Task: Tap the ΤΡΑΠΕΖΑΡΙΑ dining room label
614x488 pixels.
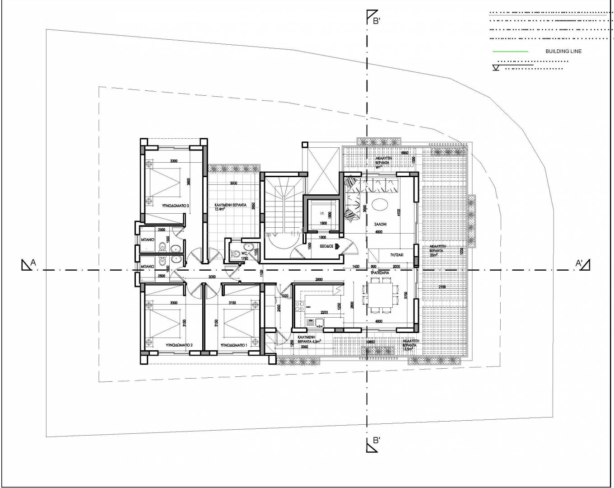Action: (380, 273)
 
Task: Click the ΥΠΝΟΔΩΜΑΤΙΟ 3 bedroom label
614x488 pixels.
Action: (175, 206)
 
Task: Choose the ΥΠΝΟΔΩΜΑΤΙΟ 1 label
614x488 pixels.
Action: (233, 345)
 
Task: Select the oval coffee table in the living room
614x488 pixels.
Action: (380, 205)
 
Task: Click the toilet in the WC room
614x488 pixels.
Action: (235, 254)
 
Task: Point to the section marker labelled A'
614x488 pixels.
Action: (584, 263)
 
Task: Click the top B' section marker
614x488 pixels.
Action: (372, 18)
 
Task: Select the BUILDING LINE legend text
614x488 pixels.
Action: (563, 51)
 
